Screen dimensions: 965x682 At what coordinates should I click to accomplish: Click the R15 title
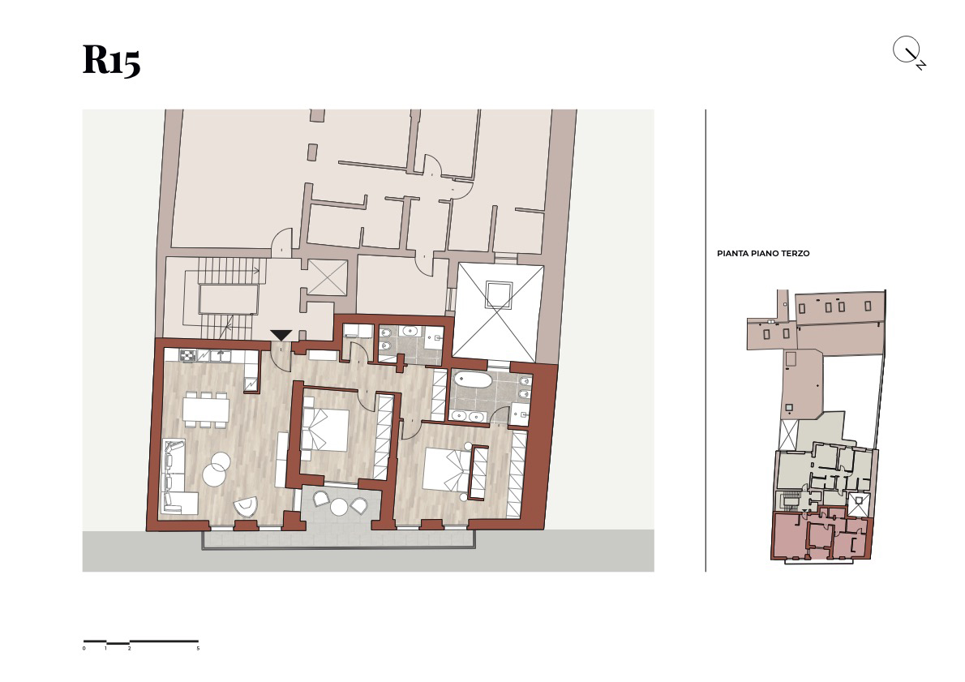(111, 60)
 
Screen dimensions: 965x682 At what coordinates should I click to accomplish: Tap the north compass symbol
(909, 54)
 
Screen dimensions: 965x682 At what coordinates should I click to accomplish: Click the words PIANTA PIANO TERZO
(763, 253)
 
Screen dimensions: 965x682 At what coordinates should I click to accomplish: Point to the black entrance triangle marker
(281, 335)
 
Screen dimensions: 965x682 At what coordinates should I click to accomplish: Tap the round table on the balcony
(338, 507)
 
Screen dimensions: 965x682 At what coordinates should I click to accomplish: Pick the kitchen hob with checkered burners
(187, 356)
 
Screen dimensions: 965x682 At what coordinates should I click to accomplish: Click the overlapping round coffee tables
(216, 468)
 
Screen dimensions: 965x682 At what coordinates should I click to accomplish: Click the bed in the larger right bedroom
(448, 469)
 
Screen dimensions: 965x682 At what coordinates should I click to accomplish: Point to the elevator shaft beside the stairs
(328, 277)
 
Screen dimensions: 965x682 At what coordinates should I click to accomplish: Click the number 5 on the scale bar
(198, 648)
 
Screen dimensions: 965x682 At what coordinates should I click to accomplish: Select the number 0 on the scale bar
(84, 648)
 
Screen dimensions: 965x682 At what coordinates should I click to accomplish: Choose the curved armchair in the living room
(247, 506)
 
